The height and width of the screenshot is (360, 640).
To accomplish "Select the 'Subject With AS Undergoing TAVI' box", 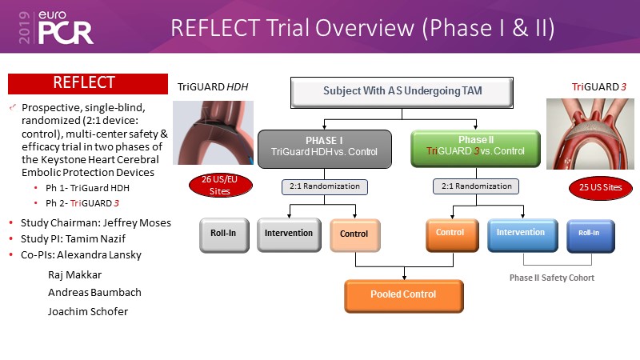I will tap(390, 92).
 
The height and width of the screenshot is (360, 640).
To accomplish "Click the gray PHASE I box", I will tap(323, 147).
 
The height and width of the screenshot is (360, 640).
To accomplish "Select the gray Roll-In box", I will tap(222, 234).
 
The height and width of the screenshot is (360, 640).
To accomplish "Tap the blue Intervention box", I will tap(521, 234).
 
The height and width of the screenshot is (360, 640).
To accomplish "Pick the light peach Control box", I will tap(354, 234).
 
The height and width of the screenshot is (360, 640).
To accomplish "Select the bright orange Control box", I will tap(450, 234).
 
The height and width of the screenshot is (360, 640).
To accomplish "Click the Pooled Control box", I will tap(404, 295).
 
